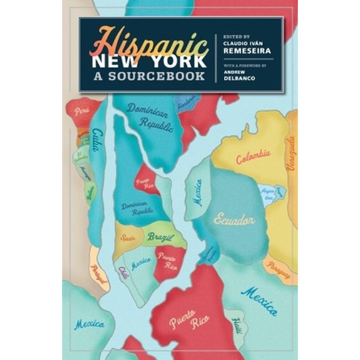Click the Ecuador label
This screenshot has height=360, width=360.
(x=235, y=220)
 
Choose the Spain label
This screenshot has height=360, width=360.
(x=127, y=237)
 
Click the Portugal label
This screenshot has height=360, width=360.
(x=99, y=273)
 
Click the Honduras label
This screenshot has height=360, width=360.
(x=186, y=104)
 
